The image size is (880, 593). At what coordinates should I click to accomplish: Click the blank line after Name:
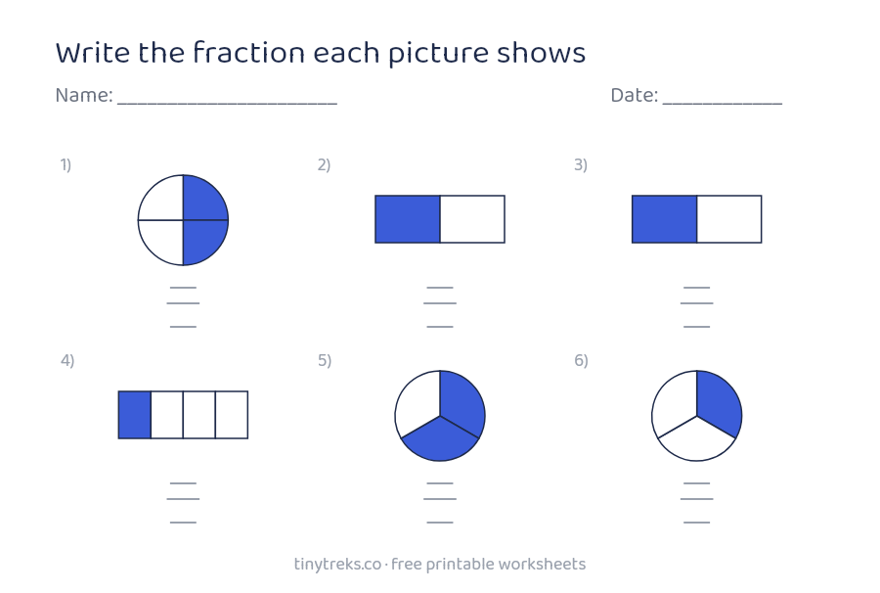click(x=227, y=104)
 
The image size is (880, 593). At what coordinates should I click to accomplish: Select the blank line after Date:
click(x=723, y=104)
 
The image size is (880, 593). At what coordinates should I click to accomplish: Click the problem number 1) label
click(x=66, y=165)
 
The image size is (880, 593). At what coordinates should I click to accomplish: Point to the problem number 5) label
click(x=325, y=360)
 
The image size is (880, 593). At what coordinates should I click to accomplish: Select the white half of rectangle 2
click(x=472, y=219)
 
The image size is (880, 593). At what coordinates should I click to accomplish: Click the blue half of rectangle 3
click(x=665, y=219)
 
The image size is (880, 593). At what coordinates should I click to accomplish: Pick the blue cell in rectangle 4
click(x=135, y=415)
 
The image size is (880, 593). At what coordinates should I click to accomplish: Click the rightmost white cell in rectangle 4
click(x=232, y=415)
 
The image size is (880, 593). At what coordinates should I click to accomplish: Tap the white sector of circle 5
click(x=417, y=400)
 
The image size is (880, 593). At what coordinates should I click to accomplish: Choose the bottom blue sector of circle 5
click(x=440, y=440)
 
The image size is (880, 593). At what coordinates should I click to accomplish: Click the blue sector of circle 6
click(x=721, y=401)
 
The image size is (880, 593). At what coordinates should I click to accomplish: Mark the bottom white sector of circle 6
click(x=696, y=440)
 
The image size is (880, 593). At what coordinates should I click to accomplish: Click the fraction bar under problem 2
click(x=440, y=303)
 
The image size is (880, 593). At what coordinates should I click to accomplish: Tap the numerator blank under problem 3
click(x=696, y=288)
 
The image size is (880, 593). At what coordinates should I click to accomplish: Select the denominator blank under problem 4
click(x=183, y=523)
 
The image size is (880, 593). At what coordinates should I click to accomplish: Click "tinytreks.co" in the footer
click(x=337, y=565)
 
